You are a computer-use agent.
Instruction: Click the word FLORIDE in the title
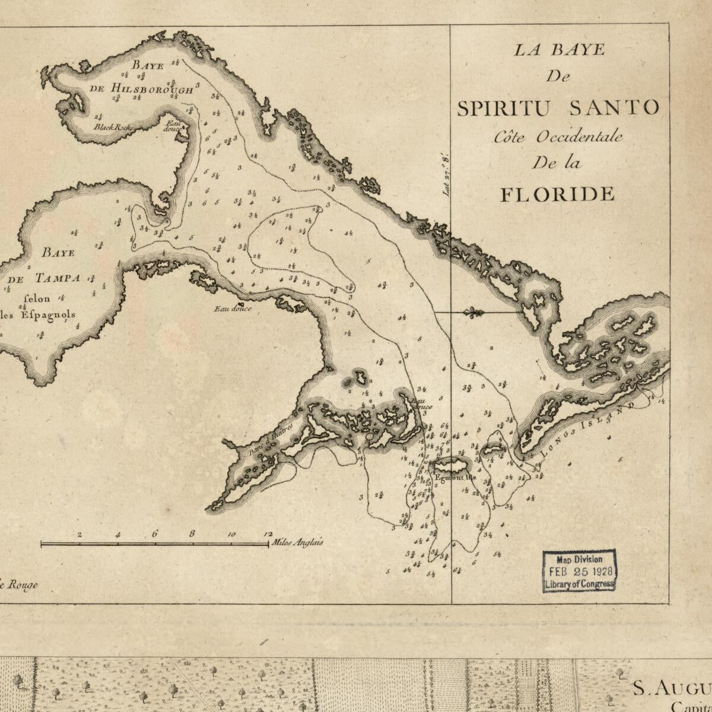pos(557,194)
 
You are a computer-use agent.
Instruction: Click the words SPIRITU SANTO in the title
pos(558,108)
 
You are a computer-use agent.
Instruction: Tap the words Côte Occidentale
pos(558,136)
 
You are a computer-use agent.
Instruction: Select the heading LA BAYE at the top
pos(559,50)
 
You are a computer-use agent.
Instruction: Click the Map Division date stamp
pos(579,571)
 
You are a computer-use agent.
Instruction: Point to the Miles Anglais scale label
pos(297,542)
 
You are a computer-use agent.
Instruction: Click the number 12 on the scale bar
pos(268,534)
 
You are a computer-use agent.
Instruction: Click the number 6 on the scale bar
pos(155,534)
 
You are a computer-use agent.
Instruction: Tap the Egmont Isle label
pos(455,477)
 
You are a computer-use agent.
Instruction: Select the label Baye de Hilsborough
pos(141,77)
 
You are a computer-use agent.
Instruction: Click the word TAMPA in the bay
pos(57,278)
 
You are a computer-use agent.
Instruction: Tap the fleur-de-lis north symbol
pos(473,313)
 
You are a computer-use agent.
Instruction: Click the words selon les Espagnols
pos(40,307)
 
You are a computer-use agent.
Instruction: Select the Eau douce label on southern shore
pos(233,309)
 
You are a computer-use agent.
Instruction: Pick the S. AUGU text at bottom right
pos(671,689)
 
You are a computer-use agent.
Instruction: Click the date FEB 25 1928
pos(580,571)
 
